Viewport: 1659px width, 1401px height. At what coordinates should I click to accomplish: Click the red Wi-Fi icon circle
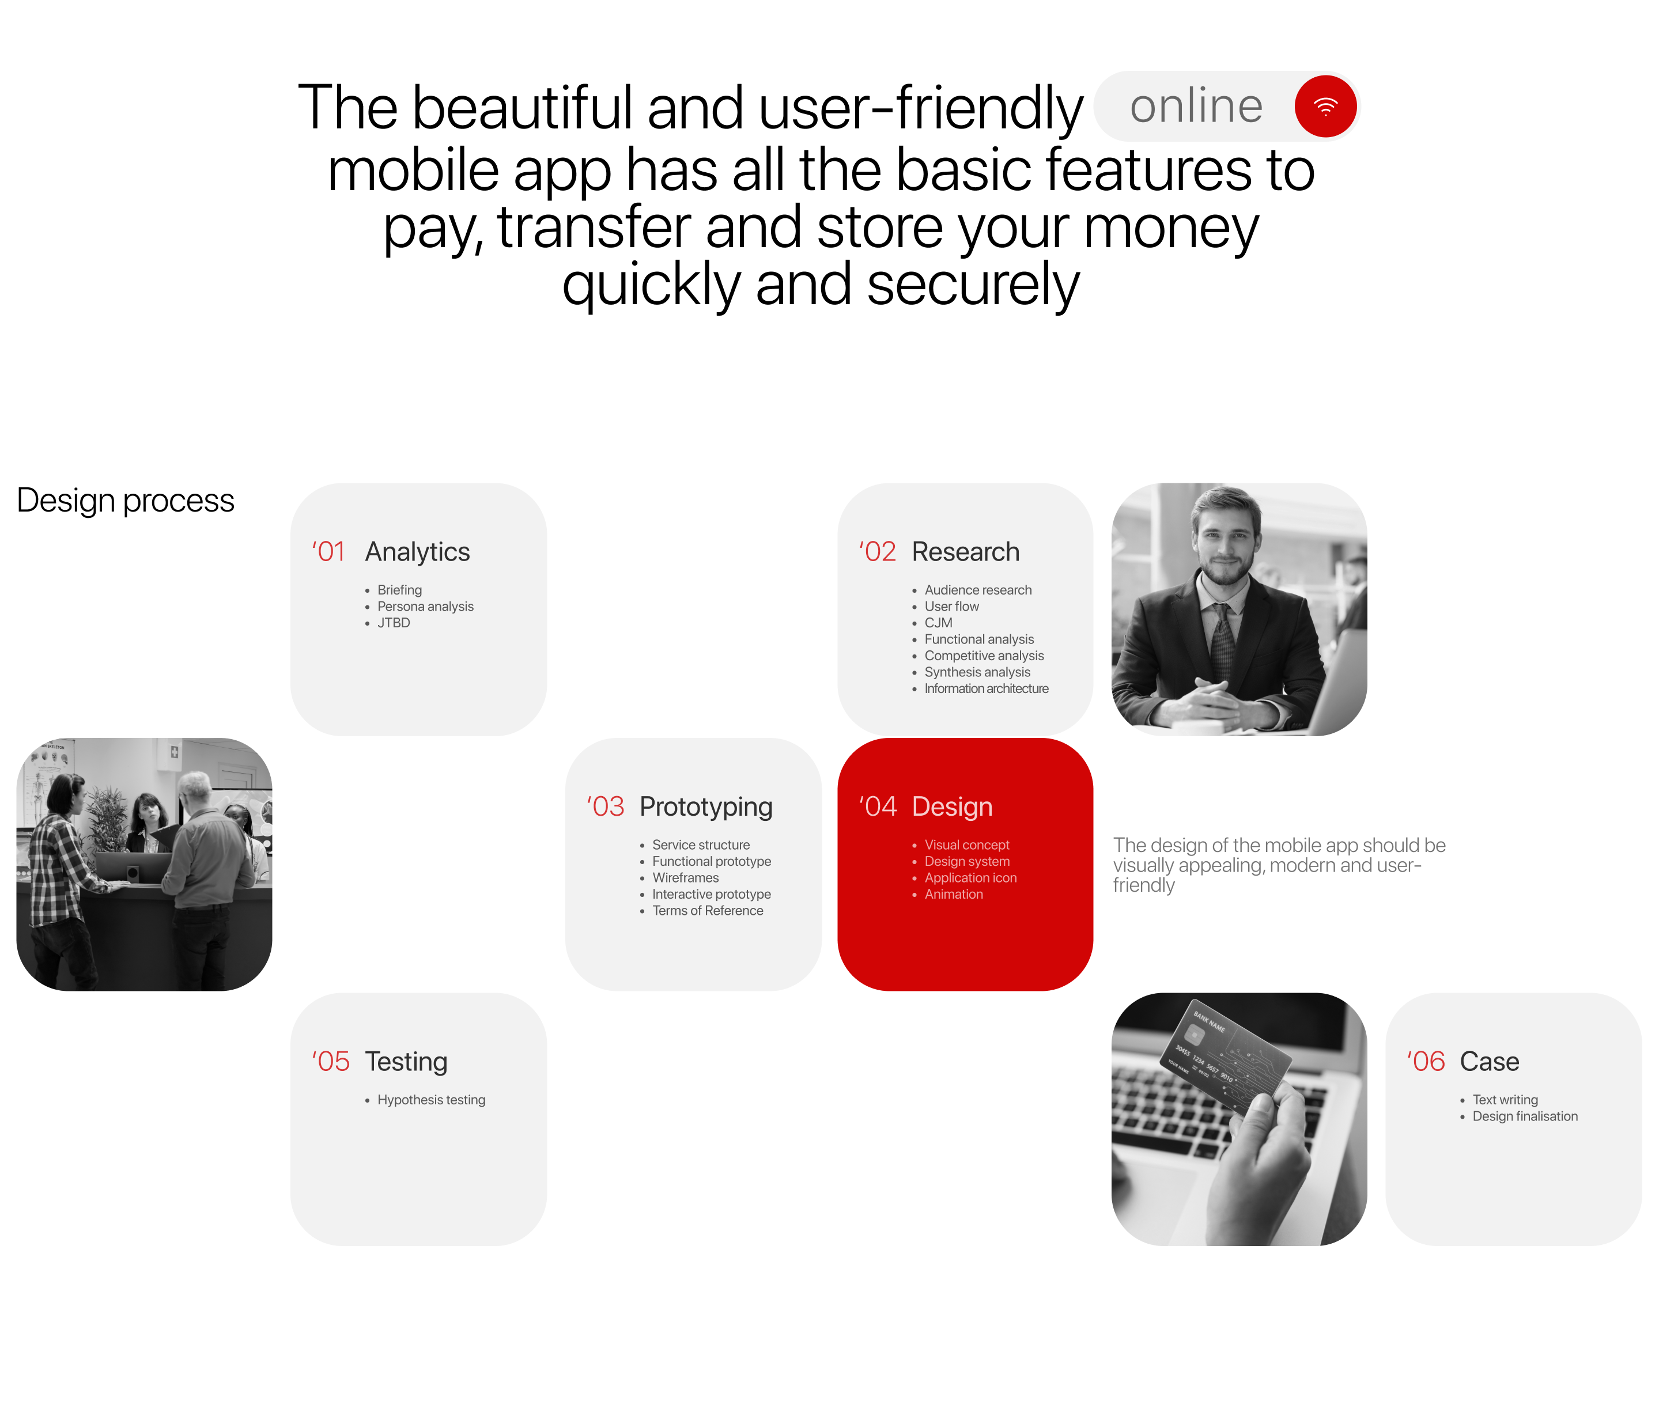1325,107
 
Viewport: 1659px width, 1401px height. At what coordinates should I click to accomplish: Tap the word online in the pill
1195,107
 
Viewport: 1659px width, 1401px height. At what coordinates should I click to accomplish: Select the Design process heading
126,501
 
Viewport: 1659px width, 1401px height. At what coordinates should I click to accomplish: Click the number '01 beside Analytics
328,552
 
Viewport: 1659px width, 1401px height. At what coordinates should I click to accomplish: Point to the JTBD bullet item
394,623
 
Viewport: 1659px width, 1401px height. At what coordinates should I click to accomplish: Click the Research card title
965,552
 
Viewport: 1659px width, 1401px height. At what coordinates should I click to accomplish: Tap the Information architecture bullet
986,688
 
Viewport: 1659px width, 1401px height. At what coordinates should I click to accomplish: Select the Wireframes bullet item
685,877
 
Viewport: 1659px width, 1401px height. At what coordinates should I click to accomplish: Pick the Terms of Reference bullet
707,911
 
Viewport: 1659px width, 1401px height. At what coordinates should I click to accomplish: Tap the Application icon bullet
970,877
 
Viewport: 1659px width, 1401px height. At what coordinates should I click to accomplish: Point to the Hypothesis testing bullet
430,1100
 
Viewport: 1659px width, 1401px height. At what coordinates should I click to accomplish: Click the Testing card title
406,1062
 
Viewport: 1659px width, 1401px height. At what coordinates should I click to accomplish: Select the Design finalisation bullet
1524,1116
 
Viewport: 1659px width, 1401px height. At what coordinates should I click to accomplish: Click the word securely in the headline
973,286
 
